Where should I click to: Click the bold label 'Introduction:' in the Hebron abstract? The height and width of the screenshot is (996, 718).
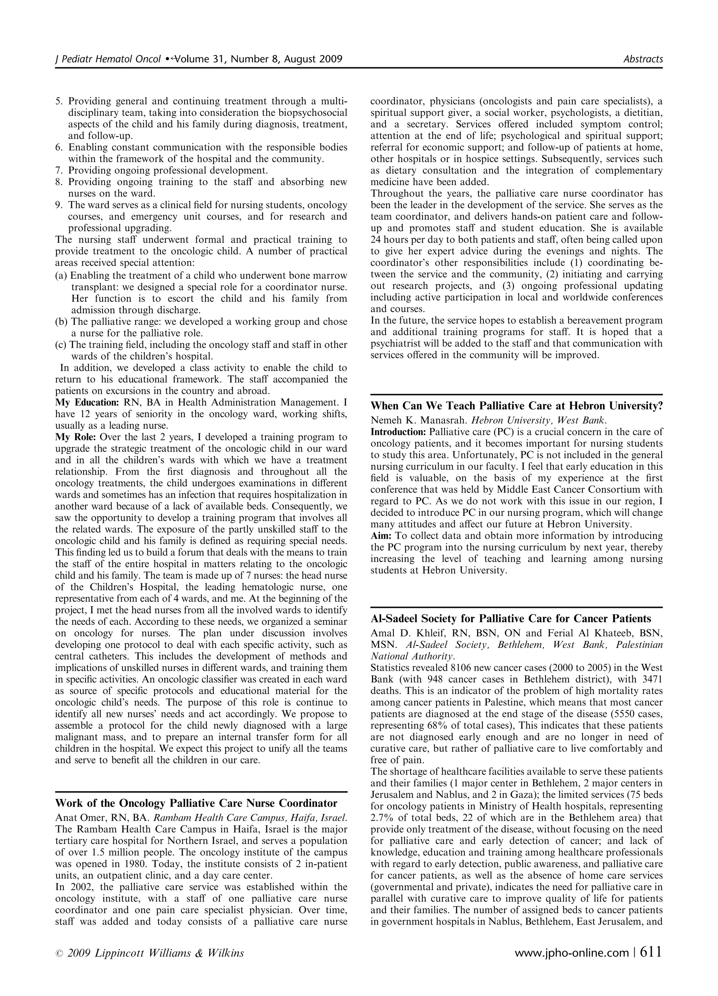pyautogui.click(x=398, y=432)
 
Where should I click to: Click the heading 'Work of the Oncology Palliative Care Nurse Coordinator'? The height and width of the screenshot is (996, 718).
pyautogui.click(x=196, y=803)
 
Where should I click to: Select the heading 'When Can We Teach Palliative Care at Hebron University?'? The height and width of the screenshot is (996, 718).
pyautogui.click(x=516, y=406)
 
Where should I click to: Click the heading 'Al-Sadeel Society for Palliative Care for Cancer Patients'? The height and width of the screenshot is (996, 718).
pyautogui.click(x=511, y=619)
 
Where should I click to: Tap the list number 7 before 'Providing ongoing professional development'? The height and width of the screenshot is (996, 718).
pyautogui.click(x=59, y=170)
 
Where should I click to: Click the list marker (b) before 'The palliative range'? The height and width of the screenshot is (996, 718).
pyautogui.click(x=61, y=322)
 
